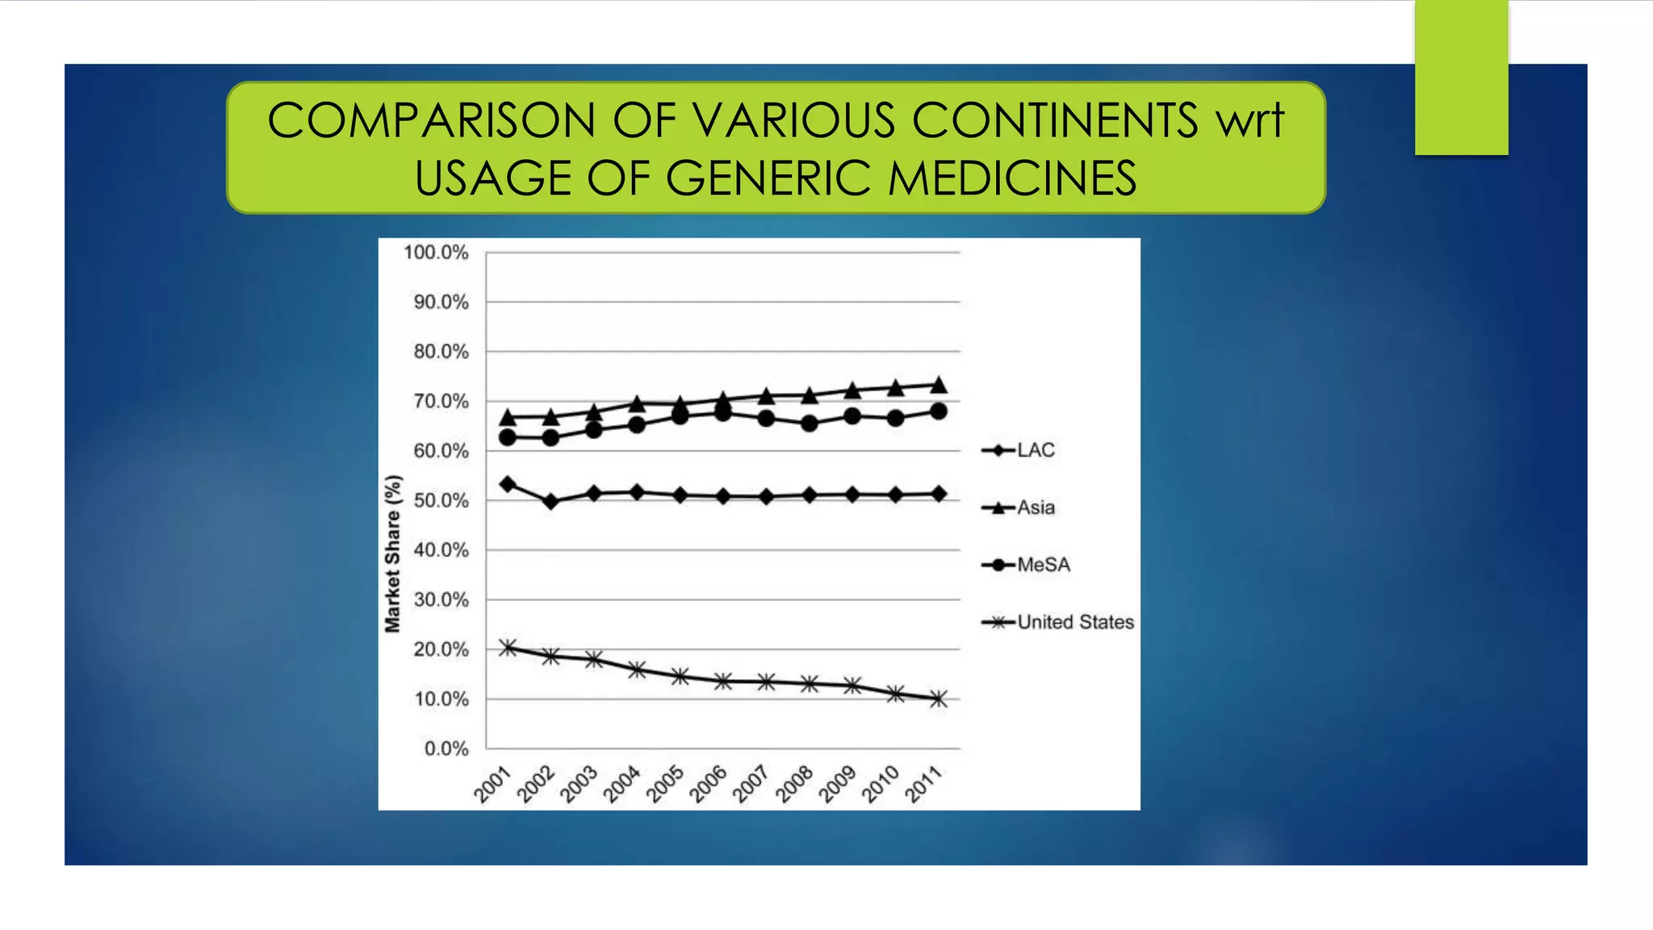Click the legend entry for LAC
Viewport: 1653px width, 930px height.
1019,450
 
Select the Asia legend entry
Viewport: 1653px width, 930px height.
1019,507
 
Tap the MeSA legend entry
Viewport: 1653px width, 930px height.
1026,564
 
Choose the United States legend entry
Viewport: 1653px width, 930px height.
1058,622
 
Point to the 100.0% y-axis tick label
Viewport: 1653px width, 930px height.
436,253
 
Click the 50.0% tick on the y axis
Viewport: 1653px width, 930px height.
441,501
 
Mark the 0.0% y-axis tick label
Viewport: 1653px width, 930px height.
446,748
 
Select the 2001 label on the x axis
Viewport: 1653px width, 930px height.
492,785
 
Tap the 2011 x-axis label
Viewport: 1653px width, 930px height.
923,785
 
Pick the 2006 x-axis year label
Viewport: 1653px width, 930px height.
708,785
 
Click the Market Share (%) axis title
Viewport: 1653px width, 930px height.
392,554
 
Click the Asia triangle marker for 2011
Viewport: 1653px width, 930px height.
939,385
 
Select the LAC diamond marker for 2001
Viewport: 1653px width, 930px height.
508,484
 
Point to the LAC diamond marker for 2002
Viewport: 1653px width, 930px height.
551,501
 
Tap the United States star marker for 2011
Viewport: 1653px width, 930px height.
939,699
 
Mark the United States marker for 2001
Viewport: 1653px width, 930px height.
508,647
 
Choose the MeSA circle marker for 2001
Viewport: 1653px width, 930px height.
508,438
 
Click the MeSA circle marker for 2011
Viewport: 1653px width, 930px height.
939,411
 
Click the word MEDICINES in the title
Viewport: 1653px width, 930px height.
1012,178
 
